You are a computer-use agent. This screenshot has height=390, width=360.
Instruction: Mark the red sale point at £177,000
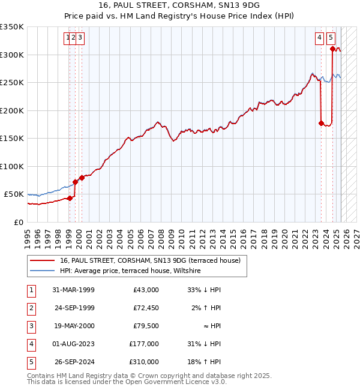pos(321,124)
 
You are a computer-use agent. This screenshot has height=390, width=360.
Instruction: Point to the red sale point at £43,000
pos(70,198)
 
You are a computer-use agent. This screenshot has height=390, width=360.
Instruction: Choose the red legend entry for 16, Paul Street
pos(150,260)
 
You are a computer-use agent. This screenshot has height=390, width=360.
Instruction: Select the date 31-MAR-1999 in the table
pos(74,290)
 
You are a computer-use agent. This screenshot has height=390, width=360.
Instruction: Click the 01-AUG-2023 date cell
pos(74,344)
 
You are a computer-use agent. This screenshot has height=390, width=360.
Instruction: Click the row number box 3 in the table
pos(31,326)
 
